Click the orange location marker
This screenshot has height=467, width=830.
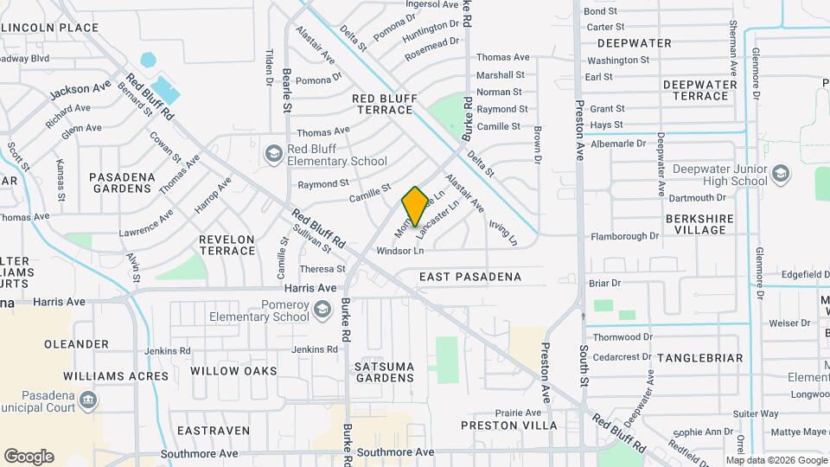pos(415,206)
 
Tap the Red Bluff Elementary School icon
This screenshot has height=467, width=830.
pos(274,154)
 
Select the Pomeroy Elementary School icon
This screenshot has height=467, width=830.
pos(322,310)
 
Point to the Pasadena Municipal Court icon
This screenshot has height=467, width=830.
pos(87,400)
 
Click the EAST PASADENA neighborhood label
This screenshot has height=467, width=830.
pos(470,277)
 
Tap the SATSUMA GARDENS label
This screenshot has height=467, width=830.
pos(384,372)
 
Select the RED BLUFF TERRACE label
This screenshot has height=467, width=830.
pos(383,105)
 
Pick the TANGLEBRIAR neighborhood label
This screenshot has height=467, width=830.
pos(699,357)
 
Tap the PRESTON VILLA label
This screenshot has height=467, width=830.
pos(501,425)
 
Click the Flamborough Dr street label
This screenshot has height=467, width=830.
pos(624,236)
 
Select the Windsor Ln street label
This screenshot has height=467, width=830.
pos(400,251)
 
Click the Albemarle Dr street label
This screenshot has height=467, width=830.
pos(617,144)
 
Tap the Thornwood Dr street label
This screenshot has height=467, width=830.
pos(622,336)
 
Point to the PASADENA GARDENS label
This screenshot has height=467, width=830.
pos(122,182)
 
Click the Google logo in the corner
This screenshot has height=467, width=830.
pos(29,457)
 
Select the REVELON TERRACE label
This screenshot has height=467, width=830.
pos(227,245)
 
